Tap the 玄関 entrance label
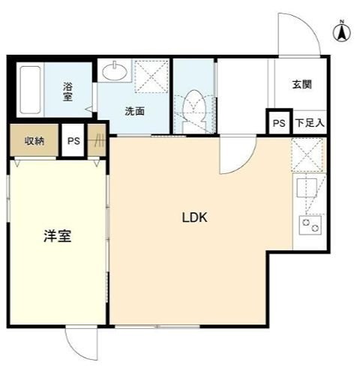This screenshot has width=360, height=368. pyautogui.click(x=302, y=84)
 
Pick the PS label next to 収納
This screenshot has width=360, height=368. pyautogui.click(x=73, y=141)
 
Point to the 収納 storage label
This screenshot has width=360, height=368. pyautogui.click(x=34, y=141)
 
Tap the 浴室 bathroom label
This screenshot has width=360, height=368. pyautogui.click(x=67, y=91)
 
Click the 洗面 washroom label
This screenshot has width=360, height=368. pyautogui.click(x=135, y=111)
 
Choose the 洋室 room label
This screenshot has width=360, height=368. pyautogui.click(x=56, y=236)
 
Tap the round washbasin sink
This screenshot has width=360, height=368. pyautogui.click(x=115, y=72)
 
